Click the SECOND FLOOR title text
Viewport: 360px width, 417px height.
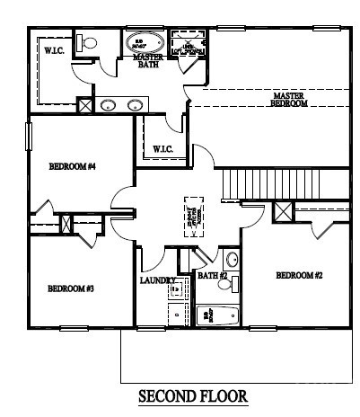pyautogui.click(x=192, y=395)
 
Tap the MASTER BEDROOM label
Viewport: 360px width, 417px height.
pyautogui.click(x=289, y=99)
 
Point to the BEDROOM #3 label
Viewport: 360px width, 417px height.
pyautogui.click(x=71, y=288)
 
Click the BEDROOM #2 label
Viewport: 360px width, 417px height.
pyautogui.click(x=298, y=275)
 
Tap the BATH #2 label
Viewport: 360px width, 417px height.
pyautogui.click(x=212, y=275)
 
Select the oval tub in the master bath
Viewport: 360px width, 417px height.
pyautogui.click(x=143, y=42)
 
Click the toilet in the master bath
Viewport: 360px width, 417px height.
pyautogui.click(x=87, y=42)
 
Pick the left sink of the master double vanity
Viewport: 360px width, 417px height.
pyautogui.click(x=108, y=104)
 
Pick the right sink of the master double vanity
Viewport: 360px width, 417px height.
pyautogui.click(x=136, y=104)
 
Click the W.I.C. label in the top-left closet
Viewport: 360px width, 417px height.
pyautogui.click(x=53, y=51)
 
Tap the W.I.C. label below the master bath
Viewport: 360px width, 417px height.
pyautogui.click(x=162, y=148)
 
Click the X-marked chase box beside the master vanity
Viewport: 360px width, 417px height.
pyautogui.click(x=84, y=105)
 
